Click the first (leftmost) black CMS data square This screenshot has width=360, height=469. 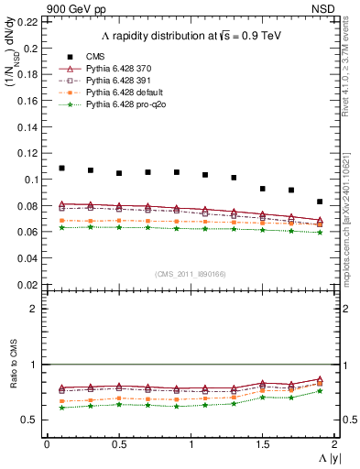pyautogui.click(x=61, y=169)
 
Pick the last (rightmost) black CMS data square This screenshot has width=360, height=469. pyautogui.click(x=320, y=202)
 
